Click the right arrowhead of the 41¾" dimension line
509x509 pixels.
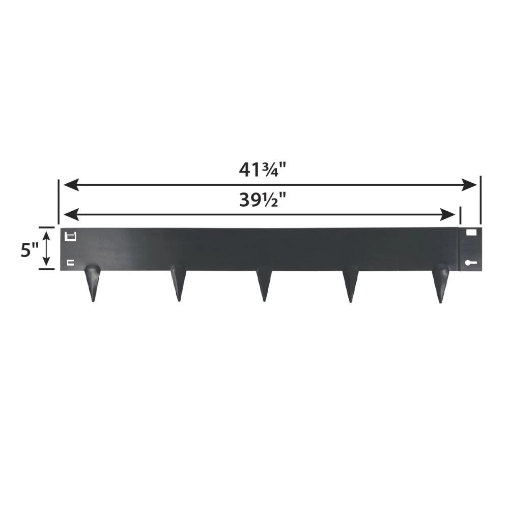[x=471, y=185]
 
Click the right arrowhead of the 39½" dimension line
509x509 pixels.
[x=450, y=214]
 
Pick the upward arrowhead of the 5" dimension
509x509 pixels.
[x=46, y=235]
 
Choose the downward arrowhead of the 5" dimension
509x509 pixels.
[x=46, y=262]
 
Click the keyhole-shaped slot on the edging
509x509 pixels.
[x=470, y=263]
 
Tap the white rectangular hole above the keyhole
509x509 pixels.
[x=471, y=232]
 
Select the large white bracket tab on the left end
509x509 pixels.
[x=71, y=236]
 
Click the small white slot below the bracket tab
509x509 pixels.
[x=71, y=263]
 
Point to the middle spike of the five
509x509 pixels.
[x=264, y=282]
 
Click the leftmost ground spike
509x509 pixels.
[x=92, y=282]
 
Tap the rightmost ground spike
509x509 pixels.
[x=440, y=282]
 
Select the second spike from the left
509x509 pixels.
[x=178, y=282]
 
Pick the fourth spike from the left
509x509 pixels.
[x=351, y=282]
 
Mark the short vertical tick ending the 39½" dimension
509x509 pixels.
[x=460, y=215]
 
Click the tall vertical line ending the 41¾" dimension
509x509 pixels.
[x=480, y=201]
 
